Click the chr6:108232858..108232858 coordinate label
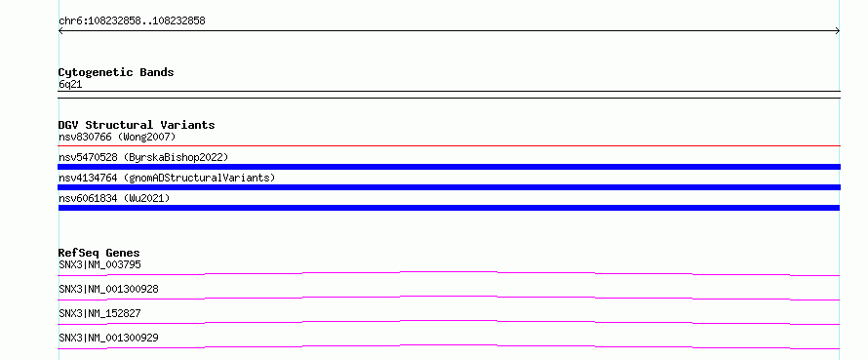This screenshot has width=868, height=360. pyautogui.click(x=132, y=21)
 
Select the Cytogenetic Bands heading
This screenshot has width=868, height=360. pyautogui.click(x=116, y=72)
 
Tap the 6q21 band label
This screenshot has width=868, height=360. pyautogui.click(x=70, y=85)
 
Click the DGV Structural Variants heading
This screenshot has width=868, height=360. pyautogui.click(x=137, y=125)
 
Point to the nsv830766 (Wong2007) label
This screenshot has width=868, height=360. pyautogui.click(x=117, y=137)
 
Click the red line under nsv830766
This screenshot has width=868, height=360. pyautogui.click(x=449, y=146)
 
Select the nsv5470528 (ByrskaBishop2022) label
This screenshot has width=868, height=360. pyautogui.click(x=143, y=157)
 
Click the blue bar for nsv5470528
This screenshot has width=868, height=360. pyautogui.click(x=449, y=167)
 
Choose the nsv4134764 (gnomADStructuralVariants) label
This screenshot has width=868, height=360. pyautogui.click(x=167, y=178)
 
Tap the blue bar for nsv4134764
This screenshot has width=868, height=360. pyautogui.click(x=449, y=187)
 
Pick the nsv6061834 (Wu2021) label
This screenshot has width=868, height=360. pyautogui.click(x=114, y=198)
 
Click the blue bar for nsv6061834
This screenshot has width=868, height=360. pyautogui.click(x=449, y=208)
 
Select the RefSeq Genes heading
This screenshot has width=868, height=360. pyautogui.click(x=99, y=254)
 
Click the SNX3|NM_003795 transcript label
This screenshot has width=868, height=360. pyautogui.click(x=99, y=264)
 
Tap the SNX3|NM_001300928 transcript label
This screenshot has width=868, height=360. pyautogui.click(x=108, y=289)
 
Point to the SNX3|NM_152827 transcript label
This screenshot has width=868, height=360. pyautogui.click(x=99, y=313)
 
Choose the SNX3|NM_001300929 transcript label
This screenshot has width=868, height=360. pyautogui.click(x=108, y=338)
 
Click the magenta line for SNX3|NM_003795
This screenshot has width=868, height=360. pyautogui.click(x=449, y=272)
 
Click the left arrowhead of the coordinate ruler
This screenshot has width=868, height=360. pyautogui.click(x=59, y=31)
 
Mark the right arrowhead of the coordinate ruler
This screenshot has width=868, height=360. pyautogui.click(x=839, y=31)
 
